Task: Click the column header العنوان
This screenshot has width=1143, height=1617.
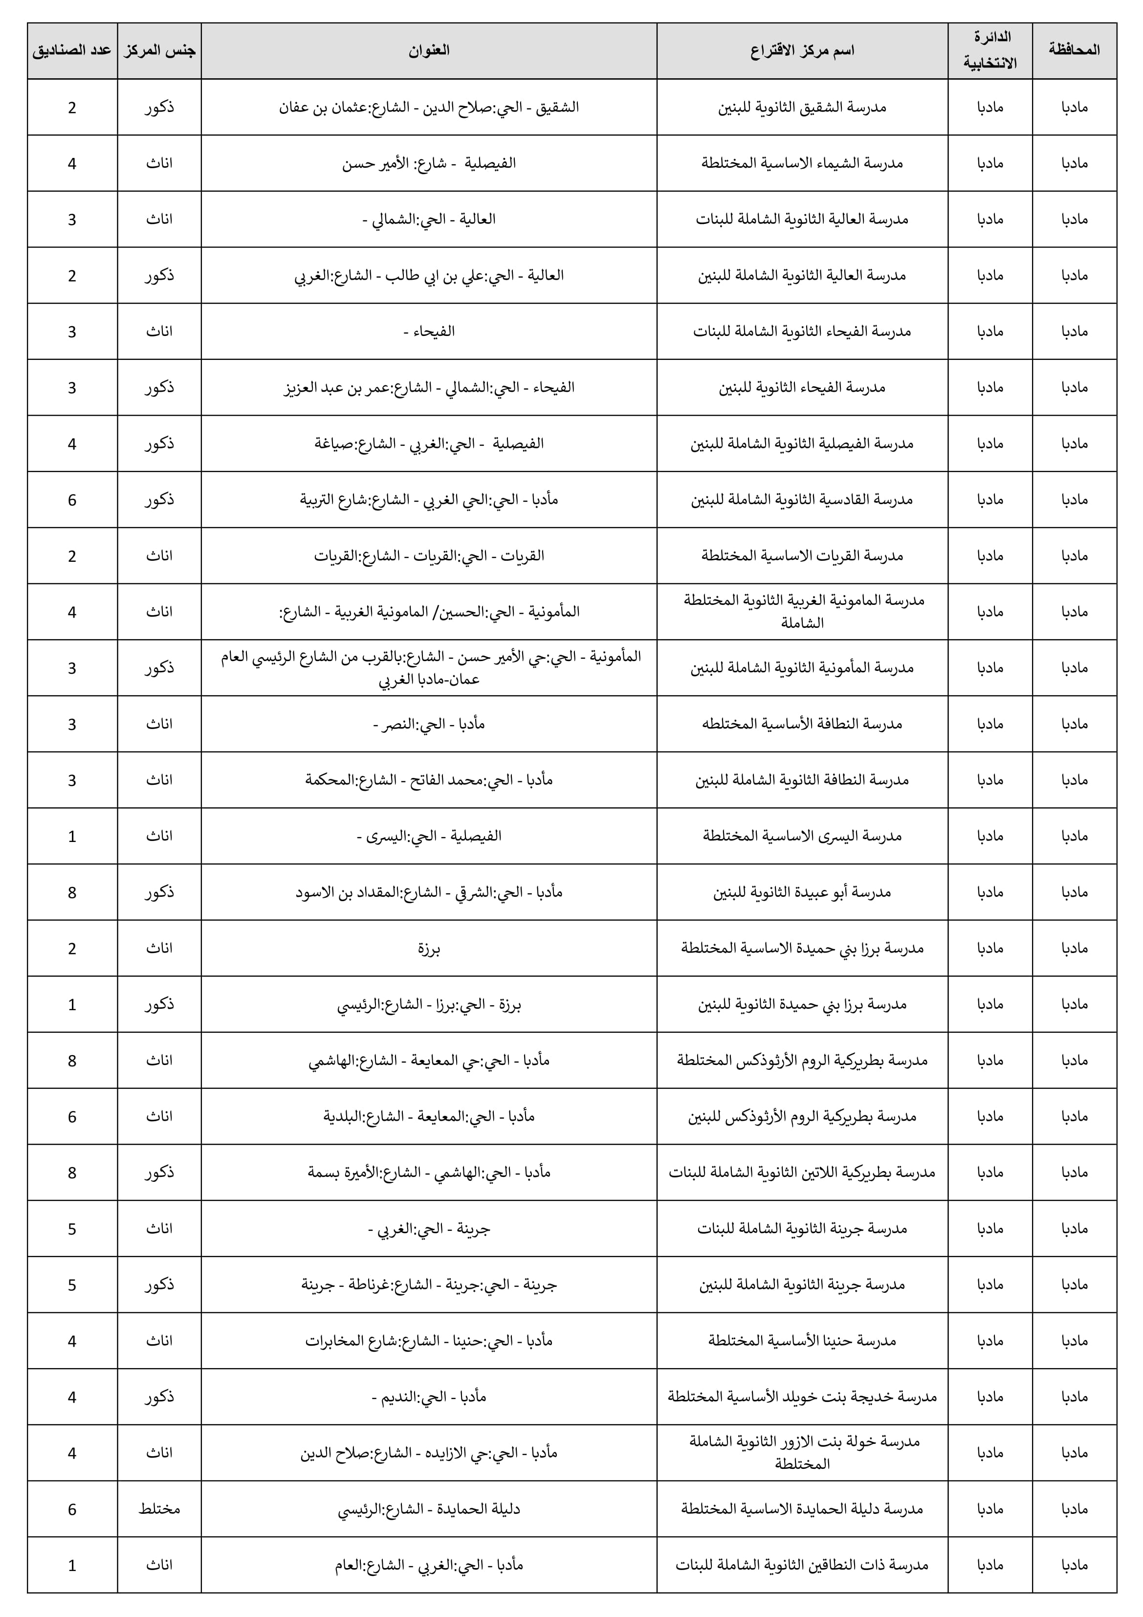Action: pos(428,50)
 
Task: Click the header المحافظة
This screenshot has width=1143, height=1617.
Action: pos(1074,50)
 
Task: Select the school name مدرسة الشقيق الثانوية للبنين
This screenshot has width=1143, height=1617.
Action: pos(802,107)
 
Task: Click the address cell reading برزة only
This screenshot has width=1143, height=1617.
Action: pos(428,949)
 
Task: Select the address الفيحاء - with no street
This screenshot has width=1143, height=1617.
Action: pos(428,331)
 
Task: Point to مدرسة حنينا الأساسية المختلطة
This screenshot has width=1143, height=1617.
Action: pos(802,1341)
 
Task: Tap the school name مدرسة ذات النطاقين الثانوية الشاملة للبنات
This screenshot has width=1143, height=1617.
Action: pos(802,1565)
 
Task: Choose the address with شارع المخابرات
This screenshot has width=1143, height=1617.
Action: pos(428,1341)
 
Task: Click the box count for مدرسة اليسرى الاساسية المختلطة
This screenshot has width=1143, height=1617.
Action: pos(72,837)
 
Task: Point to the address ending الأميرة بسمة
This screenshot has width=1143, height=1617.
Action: pos(428,1173)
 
